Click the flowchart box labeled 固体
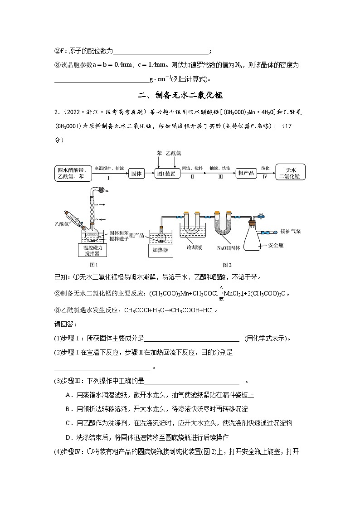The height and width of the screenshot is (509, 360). click(x=136, y=173)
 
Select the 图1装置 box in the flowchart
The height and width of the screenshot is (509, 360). click(x=165, y=173)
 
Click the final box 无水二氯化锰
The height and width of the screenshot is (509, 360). click(x=291, y=173)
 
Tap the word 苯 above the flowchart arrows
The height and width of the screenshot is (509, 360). click(x=159, y=154)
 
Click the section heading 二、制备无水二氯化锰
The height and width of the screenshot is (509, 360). click(x=180, y=96)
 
